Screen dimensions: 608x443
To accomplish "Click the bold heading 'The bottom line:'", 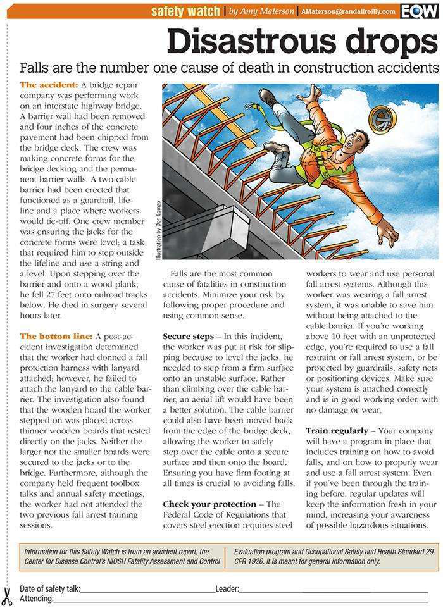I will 56,336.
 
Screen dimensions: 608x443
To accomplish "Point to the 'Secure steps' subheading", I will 188,336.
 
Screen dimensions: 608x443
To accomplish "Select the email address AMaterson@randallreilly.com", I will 349,11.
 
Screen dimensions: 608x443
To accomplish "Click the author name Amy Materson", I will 268,11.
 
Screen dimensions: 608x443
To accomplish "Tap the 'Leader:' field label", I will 227,589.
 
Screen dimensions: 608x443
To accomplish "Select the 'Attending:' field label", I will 36,599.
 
